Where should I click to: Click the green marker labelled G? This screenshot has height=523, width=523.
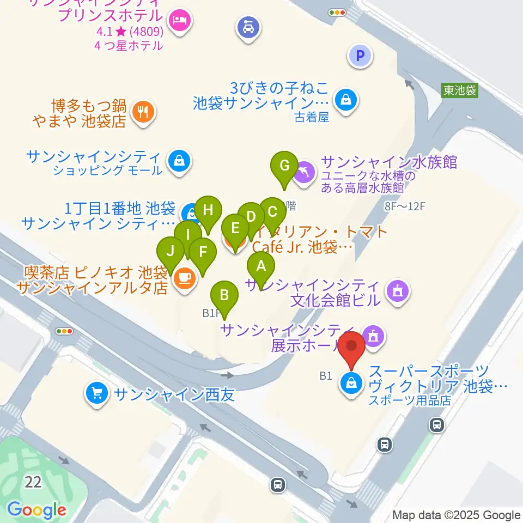tap(284, 166)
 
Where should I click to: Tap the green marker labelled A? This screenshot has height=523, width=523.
tap(261, 267)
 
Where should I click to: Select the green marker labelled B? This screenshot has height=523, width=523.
tap(224, 296)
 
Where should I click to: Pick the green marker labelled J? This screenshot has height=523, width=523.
tap(171, 252)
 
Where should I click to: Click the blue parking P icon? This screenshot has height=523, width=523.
tap(360, 55)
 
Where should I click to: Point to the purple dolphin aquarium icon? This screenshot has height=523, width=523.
tap(303, 174)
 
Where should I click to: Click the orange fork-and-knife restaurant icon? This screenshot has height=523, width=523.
tap(144, 112)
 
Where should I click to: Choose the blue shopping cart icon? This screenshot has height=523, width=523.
tap(98, 392)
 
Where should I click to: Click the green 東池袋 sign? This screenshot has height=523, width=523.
tap(459, 90)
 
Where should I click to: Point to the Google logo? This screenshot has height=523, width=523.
tap(37, 510)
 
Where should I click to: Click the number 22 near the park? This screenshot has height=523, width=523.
tap(33, 482)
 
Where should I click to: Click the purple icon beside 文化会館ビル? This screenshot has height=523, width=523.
tap(397, 291)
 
